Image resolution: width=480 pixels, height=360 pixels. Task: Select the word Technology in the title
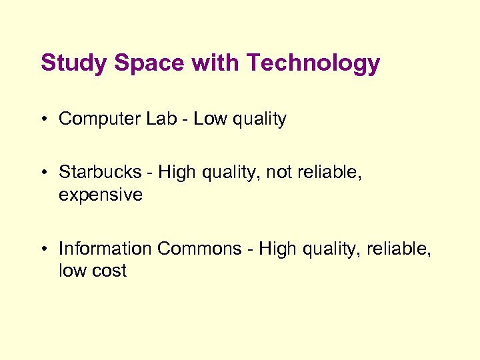[313, 63]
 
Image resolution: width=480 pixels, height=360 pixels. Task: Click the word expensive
[101, 195]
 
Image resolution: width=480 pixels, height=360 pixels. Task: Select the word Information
[105, 249]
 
